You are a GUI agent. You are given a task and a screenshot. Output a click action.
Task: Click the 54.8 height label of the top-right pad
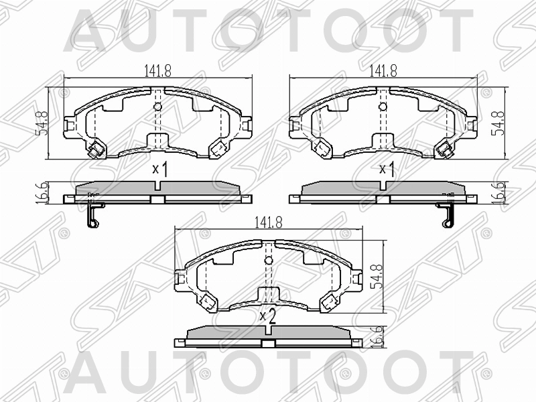(498, 123)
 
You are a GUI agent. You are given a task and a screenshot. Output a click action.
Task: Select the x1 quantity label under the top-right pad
(386, 169)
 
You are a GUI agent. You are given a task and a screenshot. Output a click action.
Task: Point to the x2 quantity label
(268, 316)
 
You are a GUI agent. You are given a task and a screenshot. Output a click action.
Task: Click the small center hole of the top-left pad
(157, 107)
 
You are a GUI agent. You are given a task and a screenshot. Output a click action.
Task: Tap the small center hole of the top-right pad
(383, 107)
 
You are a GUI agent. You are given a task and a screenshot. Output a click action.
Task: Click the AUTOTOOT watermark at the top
(268, 30)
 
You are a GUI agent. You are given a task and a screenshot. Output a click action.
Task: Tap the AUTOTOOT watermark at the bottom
(268, 375)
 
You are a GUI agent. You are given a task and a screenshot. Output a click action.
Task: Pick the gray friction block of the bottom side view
(268, 333)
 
